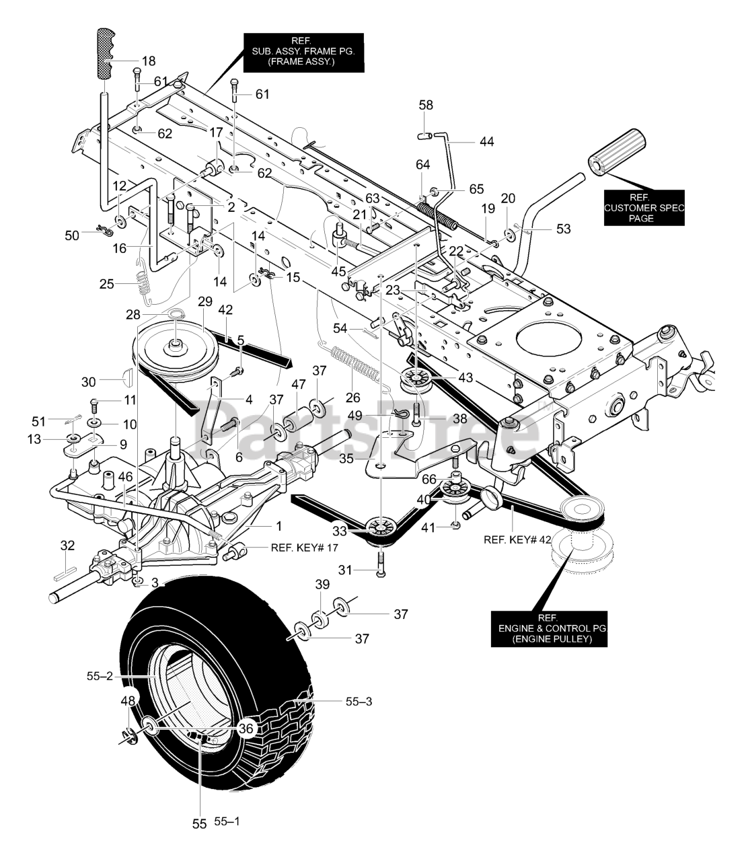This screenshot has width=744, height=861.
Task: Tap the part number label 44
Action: click(x=486, y=142)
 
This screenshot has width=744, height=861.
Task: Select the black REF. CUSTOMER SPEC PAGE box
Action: click(x=644, y=208)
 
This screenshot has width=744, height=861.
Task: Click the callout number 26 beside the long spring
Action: click(x=353, y=398)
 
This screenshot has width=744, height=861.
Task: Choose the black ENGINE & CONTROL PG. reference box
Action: click(x=549, y=628)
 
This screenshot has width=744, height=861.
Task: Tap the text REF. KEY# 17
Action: click(x=305, y=548)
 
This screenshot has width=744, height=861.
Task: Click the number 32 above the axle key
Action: click(x=67, y=546)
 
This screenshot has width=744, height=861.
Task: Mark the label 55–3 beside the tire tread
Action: click(x=359, y=702)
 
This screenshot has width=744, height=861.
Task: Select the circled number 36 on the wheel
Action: click(x=246, y=728)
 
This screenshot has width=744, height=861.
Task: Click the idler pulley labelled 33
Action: click(x=381, y=529)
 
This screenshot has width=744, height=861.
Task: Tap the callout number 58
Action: click(x=426, y=106)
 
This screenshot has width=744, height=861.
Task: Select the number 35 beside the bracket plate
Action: click(x=346, y=459)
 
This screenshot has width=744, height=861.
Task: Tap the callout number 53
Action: click(x=563, y=229)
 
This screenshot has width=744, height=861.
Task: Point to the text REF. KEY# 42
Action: click(x=517, y=540)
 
